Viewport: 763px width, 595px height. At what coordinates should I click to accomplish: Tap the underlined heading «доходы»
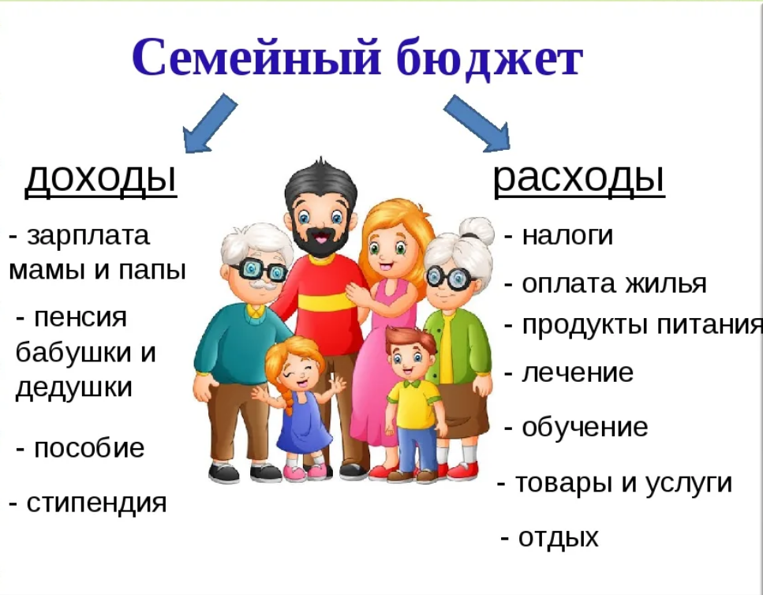tap(101, 178)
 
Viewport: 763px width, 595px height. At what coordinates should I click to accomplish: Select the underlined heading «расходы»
tap(579, 179)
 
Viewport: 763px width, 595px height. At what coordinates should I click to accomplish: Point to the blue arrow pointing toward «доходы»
tap(208, 124)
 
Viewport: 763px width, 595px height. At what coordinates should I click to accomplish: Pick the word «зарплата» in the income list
tap(88, 237)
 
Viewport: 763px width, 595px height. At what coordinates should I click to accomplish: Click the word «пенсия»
tap(80, 318)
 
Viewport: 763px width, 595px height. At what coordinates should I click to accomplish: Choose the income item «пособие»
tap(89, 447)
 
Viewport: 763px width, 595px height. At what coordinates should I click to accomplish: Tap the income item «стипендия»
tap(96, 503)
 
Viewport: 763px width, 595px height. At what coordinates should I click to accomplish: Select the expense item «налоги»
tap(567, 235)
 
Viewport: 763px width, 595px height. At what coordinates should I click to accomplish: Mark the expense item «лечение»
tap(578, 373)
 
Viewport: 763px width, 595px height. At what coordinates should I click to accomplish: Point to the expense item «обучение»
tap(585, 427)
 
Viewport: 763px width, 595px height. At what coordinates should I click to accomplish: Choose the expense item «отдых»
tap(558, 537)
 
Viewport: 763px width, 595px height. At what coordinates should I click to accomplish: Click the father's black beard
tap(320, 239)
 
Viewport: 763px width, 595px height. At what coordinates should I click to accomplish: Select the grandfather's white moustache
tap(262, 284)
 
